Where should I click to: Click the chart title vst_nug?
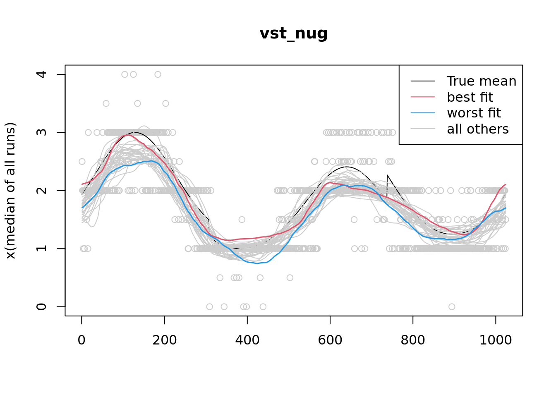tap(294, 33)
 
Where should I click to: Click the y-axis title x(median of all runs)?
tap(10, 191)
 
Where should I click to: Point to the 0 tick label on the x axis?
tap(81, 340)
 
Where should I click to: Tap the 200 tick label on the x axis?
tap(164, 340)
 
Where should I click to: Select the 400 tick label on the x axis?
tap(247, 340)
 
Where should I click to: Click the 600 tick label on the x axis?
tap(330, 340)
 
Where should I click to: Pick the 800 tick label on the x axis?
tap(412, 340)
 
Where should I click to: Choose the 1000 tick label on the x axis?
tap(495, 340)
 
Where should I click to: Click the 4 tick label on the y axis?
tap(41, 74)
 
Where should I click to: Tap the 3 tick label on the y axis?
tap(41, 132)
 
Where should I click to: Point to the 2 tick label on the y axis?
tap(41, 191)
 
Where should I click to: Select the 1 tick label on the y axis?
tap(41, 249)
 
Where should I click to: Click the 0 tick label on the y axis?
tap(41, 306)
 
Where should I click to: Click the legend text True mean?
tap(482, 81)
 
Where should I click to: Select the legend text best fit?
tap(470, 97)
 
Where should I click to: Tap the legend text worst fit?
tap(474, 113)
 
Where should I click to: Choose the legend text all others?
tap(478, 129)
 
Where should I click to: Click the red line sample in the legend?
tap(423, 97)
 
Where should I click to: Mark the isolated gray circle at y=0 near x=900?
tap(452, 306)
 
